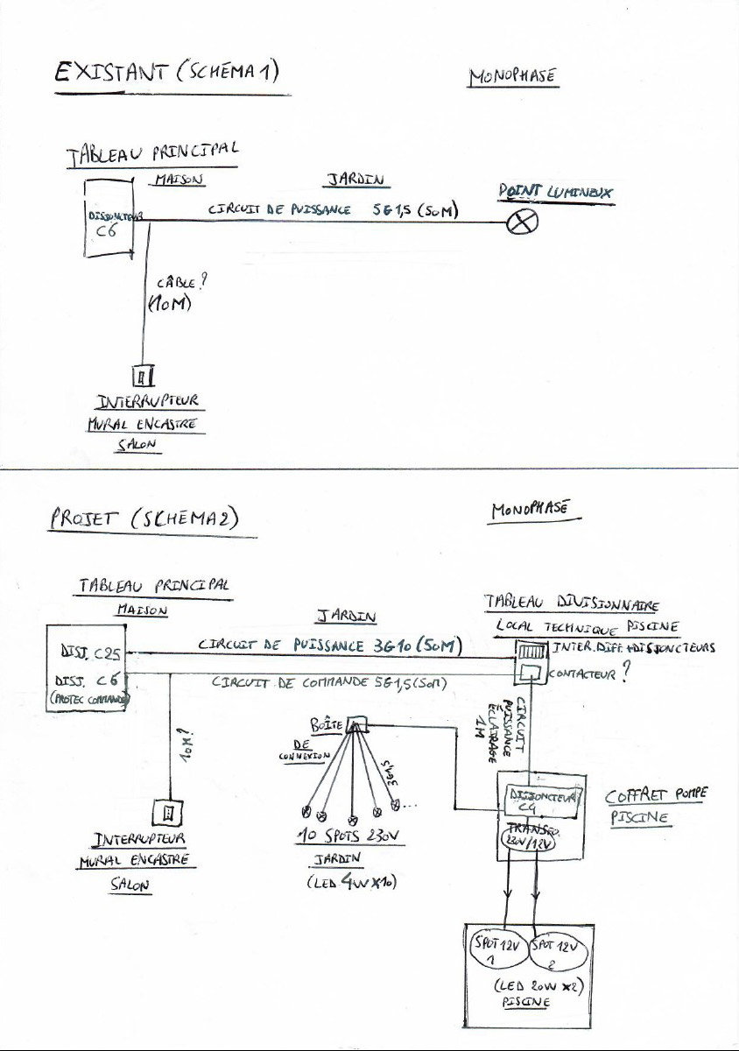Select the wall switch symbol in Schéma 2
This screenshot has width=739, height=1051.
(x=169, y=812)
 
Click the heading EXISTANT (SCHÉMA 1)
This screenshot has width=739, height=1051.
(x=167, y=74)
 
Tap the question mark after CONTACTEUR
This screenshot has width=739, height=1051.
(x=625, y=677)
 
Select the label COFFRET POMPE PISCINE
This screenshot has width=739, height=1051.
(x=656, y=806)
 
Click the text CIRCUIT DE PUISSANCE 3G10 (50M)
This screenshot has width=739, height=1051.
(x=329, y=645)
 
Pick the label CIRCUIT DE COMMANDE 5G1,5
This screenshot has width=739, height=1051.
(x=328, y=683)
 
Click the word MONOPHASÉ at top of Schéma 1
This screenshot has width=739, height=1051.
(x=512, y=77)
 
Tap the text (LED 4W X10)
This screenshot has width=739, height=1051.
(x=352, y=882)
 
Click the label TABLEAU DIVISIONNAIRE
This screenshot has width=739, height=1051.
(x=571, y=604)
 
